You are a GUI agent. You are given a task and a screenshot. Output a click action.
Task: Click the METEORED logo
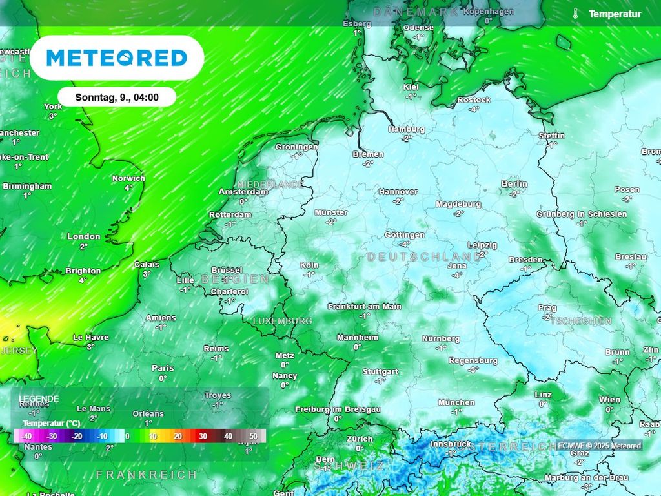point(117,58)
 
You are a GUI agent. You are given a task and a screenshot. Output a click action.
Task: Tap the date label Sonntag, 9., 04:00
point(117,98)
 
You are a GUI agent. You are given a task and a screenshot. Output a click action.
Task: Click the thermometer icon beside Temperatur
point(575,14)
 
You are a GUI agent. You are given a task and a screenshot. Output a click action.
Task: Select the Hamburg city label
point(407,129)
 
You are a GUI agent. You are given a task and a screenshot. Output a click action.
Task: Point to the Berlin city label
point(514,184)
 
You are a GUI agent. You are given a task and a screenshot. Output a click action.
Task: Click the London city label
point(84,237)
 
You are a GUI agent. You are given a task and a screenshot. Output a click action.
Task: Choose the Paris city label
point(163,368)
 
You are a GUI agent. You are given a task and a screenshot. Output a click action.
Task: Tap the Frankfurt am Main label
point(364,307)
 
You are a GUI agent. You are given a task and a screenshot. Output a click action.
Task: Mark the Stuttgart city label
point(381,372)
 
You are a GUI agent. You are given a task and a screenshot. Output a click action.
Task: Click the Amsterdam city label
point(243,192)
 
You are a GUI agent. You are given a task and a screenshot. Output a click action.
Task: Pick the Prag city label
point(547,308)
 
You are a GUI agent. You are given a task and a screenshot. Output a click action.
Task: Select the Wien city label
point(609,400)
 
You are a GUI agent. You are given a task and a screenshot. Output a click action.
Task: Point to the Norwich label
point(128,178)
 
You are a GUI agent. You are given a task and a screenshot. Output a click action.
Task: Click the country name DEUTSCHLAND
point(424,256)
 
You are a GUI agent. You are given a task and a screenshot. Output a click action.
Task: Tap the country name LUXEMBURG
point(282,321)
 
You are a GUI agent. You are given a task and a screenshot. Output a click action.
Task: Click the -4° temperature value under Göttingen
point(405,244)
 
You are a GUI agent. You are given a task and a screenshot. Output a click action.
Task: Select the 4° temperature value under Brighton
point(83,280)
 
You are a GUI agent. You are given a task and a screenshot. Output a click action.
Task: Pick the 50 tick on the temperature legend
point(253,437)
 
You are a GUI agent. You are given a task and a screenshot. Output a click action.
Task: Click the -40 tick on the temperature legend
point(27,437)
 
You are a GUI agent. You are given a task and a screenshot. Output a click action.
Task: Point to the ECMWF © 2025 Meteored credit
point(600,446)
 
